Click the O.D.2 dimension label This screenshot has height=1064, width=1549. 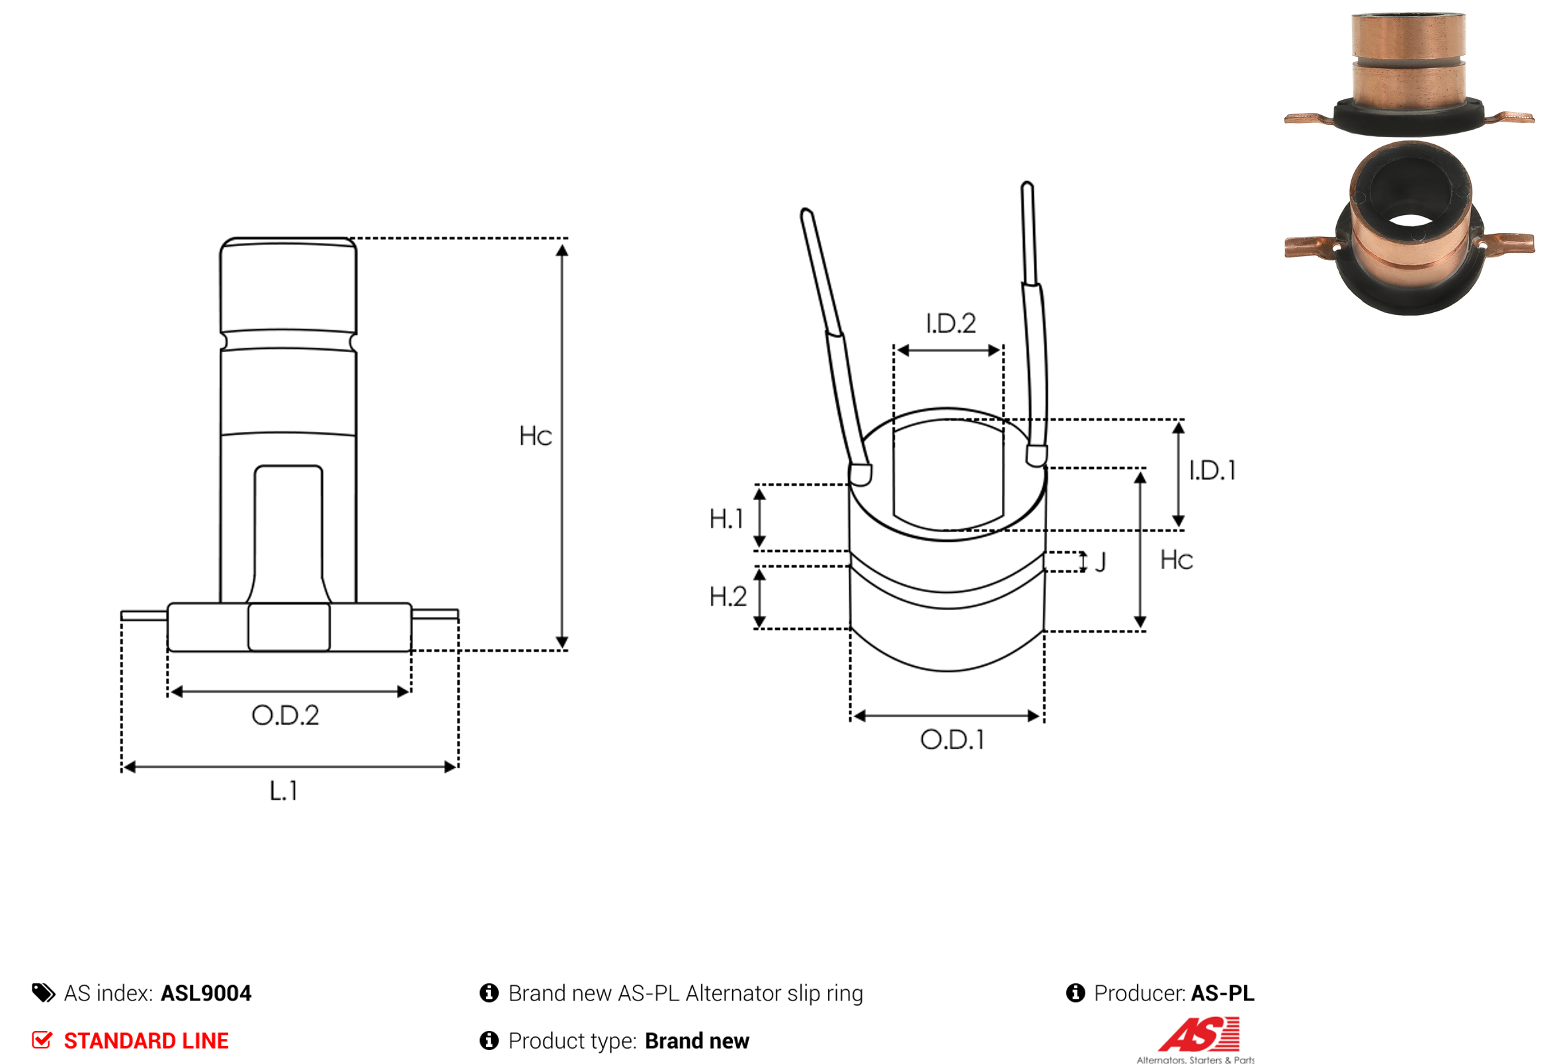tap(285, 715)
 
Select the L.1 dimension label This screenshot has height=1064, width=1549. tap(283, 791)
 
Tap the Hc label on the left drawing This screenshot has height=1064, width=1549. tap(535, 436)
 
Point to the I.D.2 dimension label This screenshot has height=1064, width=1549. tap(950, 324)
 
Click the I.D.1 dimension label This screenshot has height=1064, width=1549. tap(1212, 470)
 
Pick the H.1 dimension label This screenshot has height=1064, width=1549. tap(726, 519)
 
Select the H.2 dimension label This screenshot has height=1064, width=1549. tap(728, 597)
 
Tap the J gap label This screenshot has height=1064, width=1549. tap(1101, 562)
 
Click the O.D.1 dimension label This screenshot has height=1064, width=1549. tap(952, 740)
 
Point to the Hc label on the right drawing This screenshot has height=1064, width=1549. tap(1177, 560)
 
